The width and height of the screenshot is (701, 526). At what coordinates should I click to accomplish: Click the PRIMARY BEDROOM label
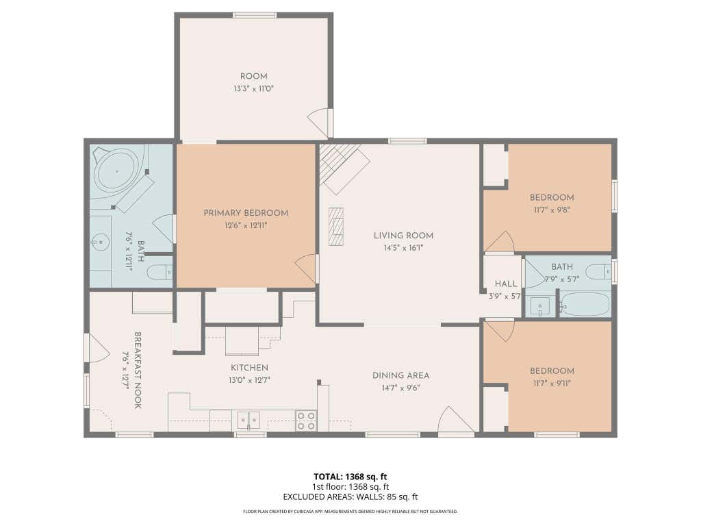click(x=246, y=213)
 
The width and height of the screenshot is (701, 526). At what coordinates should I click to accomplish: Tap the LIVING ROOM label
click(x=403, y=236)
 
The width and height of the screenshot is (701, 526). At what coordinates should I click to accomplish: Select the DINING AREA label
click(x=401, y=375)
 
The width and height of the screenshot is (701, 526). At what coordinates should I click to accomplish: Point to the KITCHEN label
click(x=249, y=368)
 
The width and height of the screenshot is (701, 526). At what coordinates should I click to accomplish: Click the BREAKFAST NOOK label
click(x=138, y=370)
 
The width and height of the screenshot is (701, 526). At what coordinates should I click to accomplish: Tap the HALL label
click(x=506, y=284)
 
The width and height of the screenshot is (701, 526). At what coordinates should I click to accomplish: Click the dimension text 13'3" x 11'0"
click(x=253, y=88)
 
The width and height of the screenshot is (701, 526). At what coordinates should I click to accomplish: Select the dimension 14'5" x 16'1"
click(x=403, y=248)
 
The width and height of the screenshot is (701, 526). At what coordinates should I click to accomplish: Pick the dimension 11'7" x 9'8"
click(x=552, y=210)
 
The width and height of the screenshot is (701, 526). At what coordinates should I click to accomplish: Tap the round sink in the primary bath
click(x=101, y=243)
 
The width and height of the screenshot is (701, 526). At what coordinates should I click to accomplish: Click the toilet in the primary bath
click(x=160, y=273)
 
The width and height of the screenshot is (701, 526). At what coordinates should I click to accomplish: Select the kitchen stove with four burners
click(x=306, y=421)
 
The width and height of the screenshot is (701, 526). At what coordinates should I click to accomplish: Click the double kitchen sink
click(x=248, y=421)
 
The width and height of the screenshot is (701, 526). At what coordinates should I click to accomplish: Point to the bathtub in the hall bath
click(x=585, y=304)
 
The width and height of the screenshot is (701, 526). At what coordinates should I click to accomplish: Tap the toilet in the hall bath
click(x=598, y=271)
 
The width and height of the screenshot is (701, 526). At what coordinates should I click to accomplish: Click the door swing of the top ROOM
click(x=318, y=123)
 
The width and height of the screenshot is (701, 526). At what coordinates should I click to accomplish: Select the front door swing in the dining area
click(x=455, y=420)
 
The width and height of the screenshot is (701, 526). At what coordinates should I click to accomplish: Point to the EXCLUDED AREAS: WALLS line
click(x=350, y=497)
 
